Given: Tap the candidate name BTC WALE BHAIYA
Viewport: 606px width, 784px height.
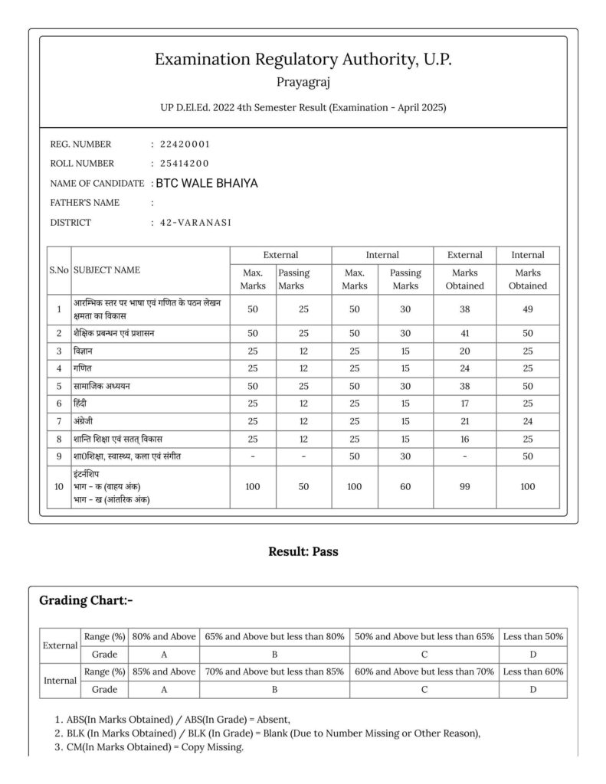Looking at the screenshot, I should point(207,183).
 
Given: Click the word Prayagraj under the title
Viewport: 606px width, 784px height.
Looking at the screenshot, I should point(303,80).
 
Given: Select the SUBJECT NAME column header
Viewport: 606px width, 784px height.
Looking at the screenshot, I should point(106,270).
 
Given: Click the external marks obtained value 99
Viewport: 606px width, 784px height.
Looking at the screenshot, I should point(465,487).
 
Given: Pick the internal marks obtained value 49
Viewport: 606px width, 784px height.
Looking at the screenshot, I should point(528,309).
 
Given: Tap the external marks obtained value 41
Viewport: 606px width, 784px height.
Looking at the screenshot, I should point(465,333).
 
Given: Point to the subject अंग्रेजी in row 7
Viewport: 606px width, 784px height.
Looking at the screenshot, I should point(87,422).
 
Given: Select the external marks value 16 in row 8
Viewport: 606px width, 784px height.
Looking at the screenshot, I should point(465,439).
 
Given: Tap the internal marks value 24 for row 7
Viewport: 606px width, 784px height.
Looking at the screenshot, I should point(528,422).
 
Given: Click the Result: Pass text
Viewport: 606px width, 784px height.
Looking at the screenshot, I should point(303,550).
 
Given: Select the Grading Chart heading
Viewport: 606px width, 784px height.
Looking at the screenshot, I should point(86,600).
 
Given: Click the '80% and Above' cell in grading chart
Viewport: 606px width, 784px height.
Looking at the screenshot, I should point(163,637).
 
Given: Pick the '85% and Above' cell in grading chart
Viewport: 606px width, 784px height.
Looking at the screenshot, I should point(163,671).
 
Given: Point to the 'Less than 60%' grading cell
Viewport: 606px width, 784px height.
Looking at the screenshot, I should point(532,671).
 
